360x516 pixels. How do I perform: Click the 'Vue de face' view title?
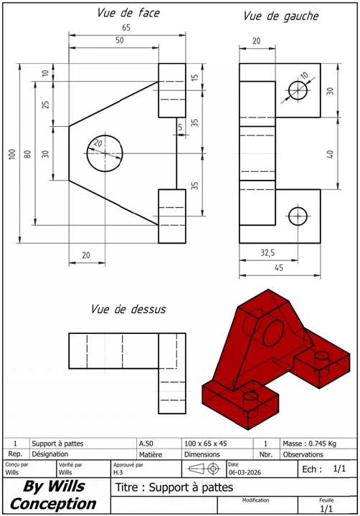(128, 13)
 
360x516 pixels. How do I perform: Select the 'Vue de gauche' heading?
(280, 16)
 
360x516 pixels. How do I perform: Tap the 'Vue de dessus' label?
(128, 310)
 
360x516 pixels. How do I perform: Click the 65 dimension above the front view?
(126, 27)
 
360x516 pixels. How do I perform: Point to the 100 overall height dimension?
(12, 155)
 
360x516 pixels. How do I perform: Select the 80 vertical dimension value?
(28, 155)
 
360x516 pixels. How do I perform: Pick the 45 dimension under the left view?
(278, 268)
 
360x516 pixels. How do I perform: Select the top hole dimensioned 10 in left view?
(298, 90)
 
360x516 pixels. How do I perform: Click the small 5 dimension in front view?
(181, 127)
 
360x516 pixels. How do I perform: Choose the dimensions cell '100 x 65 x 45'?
(204, 444)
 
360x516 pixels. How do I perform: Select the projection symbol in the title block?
(204, 469)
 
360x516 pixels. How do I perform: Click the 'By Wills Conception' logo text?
(53, 495)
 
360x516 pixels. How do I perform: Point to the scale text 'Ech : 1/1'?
(324, 469)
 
